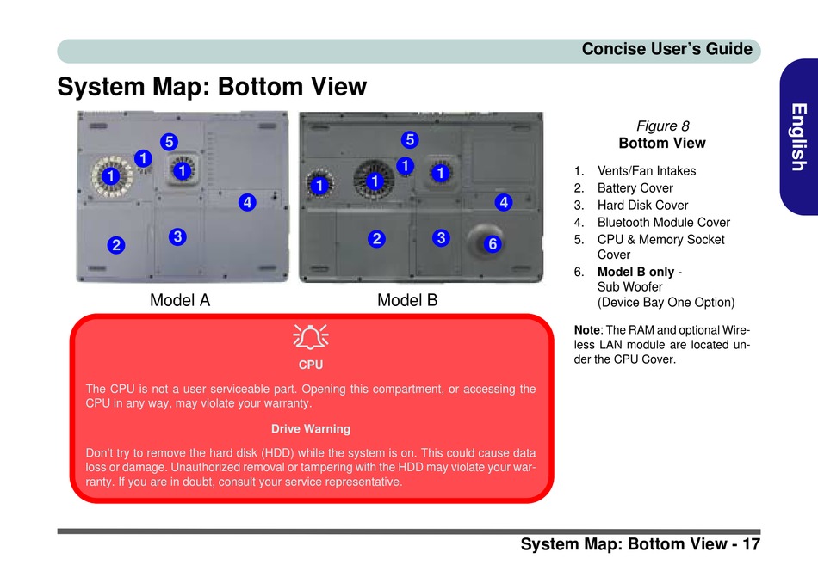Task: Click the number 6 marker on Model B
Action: click(x=493, y=243)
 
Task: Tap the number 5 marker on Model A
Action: click(x=169, y=142)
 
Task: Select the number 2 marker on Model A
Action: click(x=116, y=245)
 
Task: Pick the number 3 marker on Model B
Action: click(x=442, y=238)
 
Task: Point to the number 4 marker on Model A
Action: click(x=247, y=202)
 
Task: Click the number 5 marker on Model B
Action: click(x=410, y=139)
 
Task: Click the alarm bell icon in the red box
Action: click(x=310, y=336)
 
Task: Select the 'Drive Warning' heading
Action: click(x=310, y=428)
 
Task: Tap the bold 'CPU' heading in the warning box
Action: click(x=310, y=365)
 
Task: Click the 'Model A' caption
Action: click(x=180, y=300)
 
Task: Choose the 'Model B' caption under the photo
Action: click(x=407, y=300)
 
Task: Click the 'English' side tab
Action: click(x=799, y=137)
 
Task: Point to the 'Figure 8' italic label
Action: click(x=662, y=126)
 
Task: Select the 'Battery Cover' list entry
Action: click(x=635, y=188)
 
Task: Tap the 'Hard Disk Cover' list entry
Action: click(x=642, y=206)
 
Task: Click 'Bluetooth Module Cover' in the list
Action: click(x=664, y=223)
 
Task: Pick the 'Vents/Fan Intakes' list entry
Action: click(x=647, y=171)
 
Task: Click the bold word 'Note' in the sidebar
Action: click(x=587, y=330)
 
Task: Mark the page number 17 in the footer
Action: click(x=751, y=543)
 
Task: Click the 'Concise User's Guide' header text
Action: click(x=667, y=49)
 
